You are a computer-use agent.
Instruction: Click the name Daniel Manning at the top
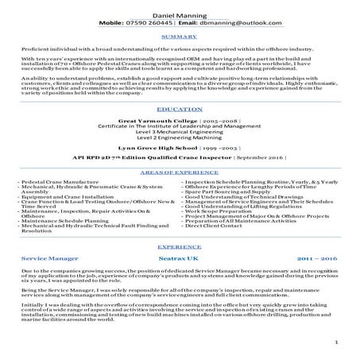pos(179,15)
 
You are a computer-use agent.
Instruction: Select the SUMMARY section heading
pos(179,37)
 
